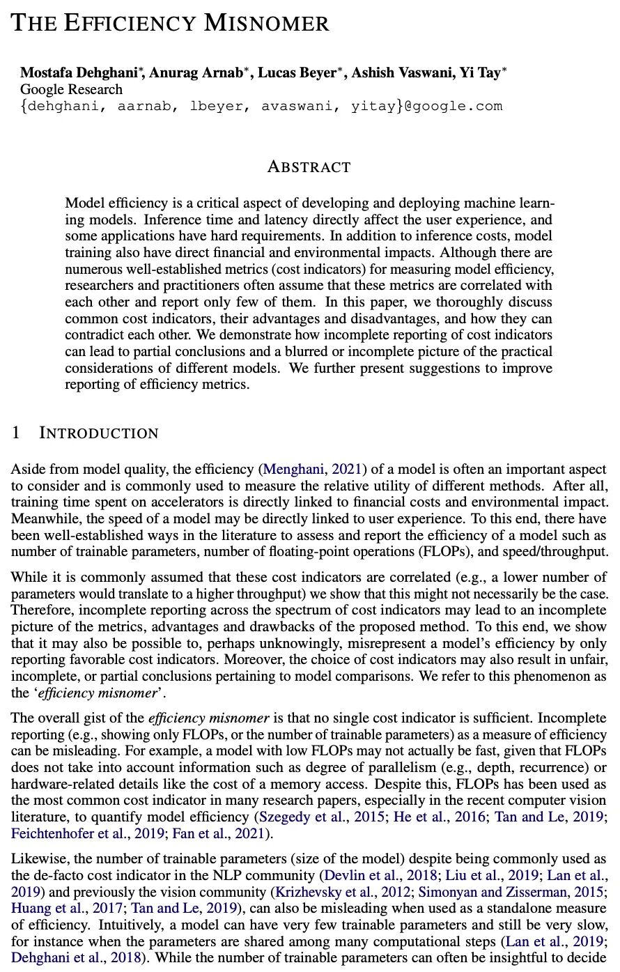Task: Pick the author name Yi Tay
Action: coord(480,73)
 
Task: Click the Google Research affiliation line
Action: coord(71,89)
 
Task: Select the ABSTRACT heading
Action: coord(309,167)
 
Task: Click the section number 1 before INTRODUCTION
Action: coord(16,433)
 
